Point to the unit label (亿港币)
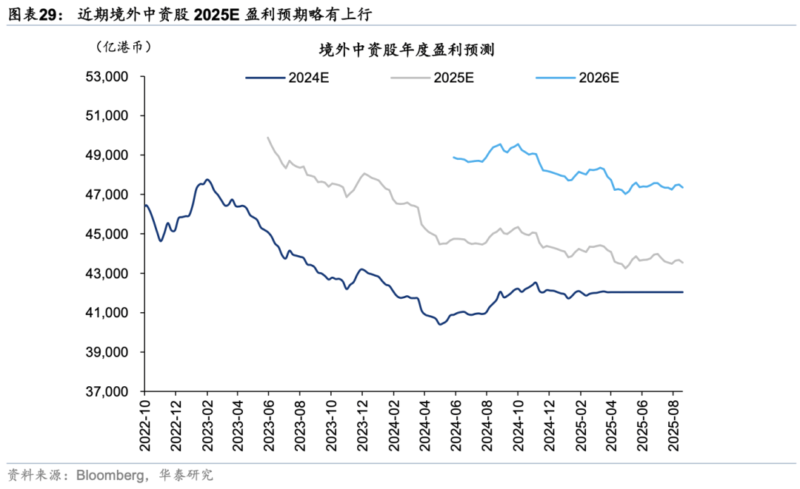click(x=124, y=46)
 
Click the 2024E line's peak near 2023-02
click(x=207, y=179)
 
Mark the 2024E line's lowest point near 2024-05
click(x=439, y=324)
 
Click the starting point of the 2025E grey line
click(x=267, y=137)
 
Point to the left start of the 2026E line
click(x=453, y=157)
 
